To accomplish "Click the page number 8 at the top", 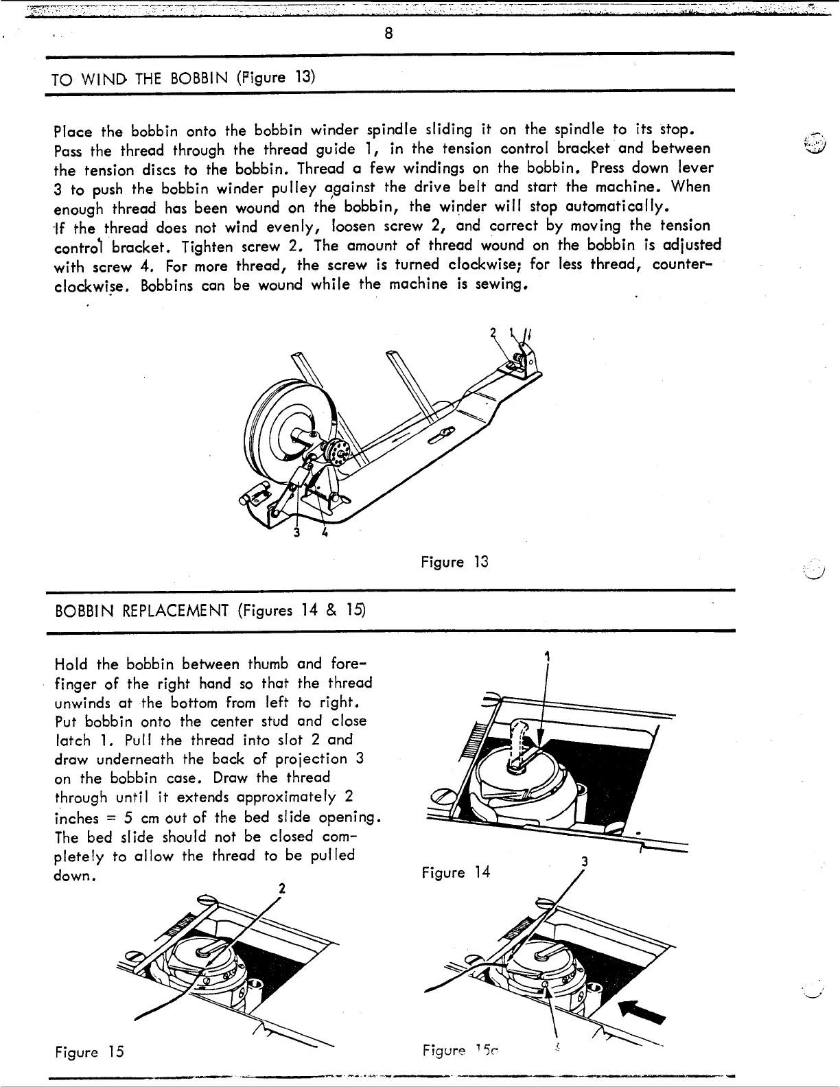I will point(388,34).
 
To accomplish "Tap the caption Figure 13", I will point(454,562).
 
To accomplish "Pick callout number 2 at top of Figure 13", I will point(493,332).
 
